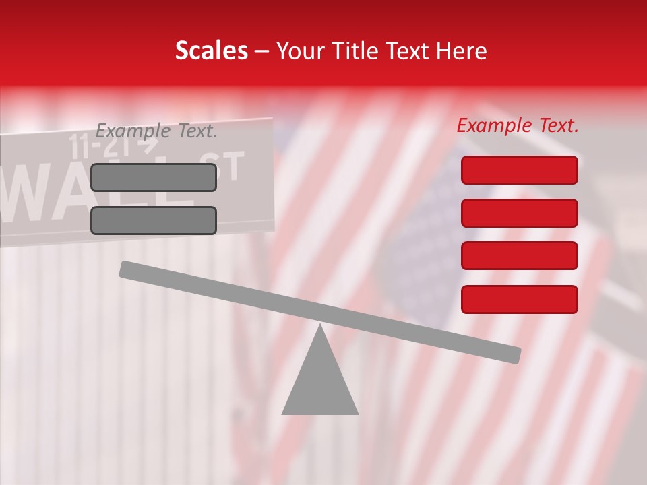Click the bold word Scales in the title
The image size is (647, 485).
click(x=211, y=51)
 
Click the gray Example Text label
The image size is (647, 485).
click(x=156, y=131)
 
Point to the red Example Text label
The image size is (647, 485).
click(x=518, y=125)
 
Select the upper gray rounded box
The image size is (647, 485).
click(x=154, y=177)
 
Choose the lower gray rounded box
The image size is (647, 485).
click(x=154, y=220)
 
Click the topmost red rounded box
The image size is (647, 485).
click(x=519, y=170)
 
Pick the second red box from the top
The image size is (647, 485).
click(x=519, y=213)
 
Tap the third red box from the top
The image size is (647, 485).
click(x=519, y=256)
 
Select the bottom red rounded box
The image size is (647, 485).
click(x=519, y=299)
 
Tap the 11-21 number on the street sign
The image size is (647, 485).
click(x=94, y=145)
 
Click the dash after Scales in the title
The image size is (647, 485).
click(x=262, y=51)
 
